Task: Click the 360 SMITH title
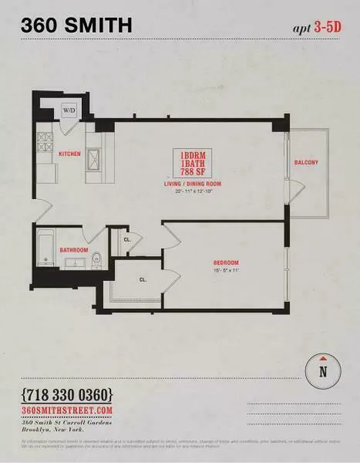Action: point(76,25)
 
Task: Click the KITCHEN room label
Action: point(69,154)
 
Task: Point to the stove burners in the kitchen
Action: point(45,143)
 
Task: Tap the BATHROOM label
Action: point(74,251)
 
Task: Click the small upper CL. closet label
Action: point(127,240)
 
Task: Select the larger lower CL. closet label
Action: point(143,279)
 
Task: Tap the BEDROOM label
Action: point(226,262)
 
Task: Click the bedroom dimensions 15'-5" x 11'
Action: point(226,271)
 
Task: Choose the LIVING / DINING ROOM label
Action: point(192,184)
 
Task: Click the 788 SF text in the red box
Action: point(192,171)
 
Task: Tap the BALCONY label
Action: point(307,163)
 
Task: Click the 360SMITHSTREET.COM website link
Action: point(68,410)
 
